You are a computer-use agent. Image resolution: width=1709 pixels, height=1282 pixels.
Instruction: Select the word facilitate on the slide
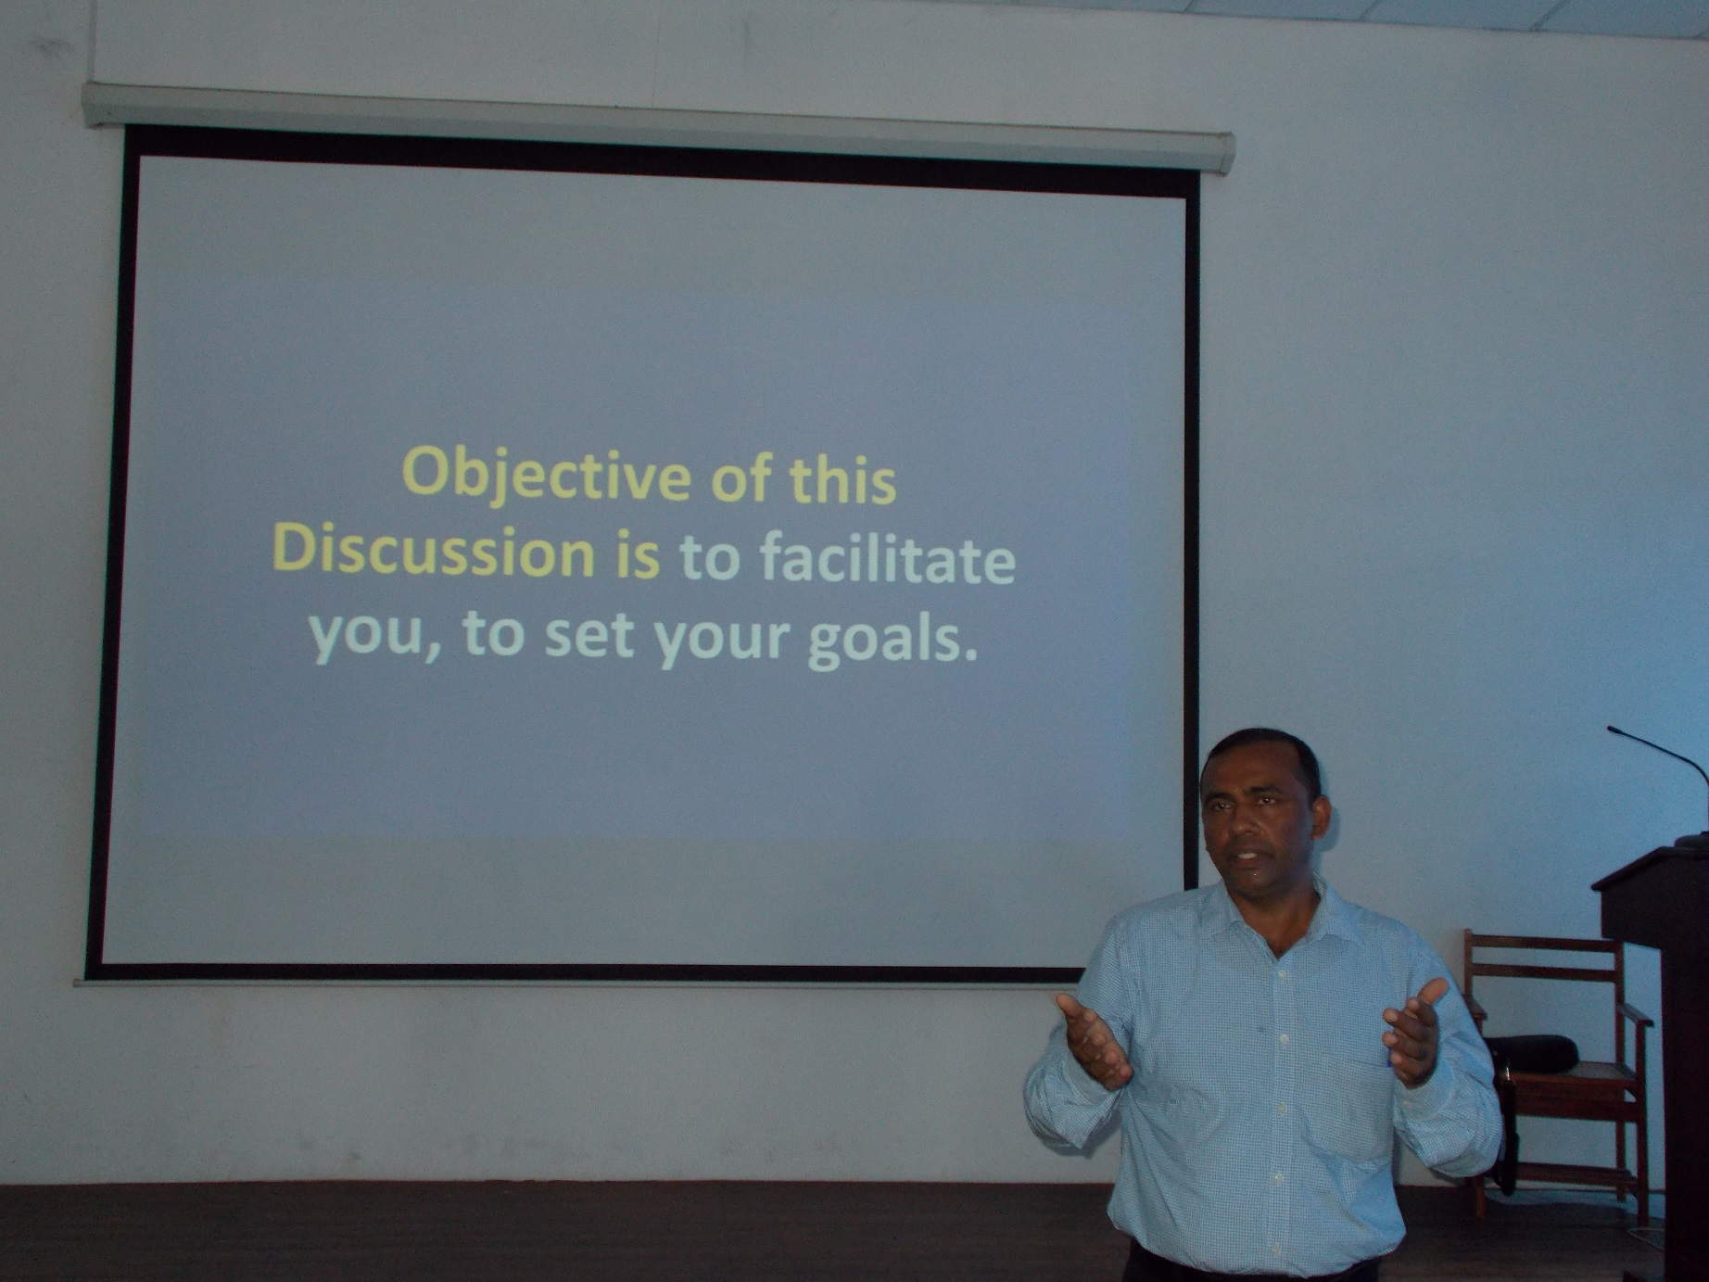887,561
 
